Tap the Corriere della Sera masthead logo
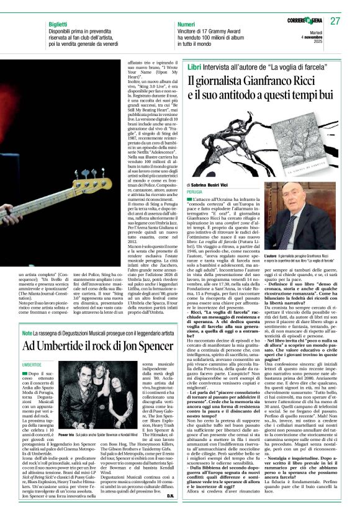[x=298, y=21]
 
